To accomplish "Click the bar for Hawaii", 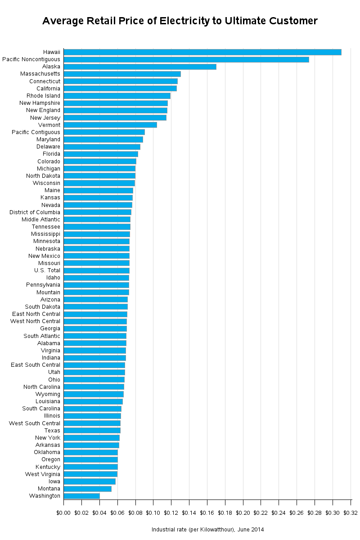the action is click(202, 52).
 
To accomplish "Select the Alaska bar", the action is click(140, 67).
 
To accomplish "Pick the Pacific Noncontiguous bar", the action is click(186, 59).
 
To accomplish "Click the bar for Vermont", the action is click(110, 125).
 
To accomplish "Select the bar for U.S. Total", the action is click(97, 270).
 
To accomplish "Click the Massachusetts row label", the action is click(40, 74).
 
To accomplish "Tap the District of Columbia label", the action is click(35, 212).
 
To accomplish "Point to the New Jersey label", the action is click(45, 117).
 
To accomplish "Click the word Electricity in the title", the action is click(184, 21).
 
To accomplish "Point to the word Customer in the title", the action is click(293, 21).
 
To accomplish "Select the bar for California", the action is click(120, 89).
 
